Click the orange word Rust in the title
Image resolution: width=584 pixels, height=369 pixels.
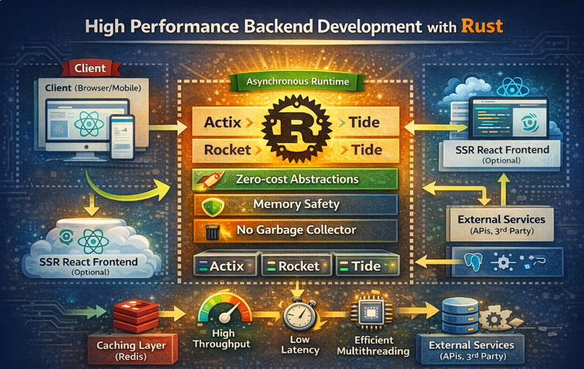pyautogui.click(x=482, y=27)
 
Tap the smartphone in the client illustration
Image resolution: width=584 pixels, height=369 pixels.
pyautogui.click(x=123, y=136)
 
